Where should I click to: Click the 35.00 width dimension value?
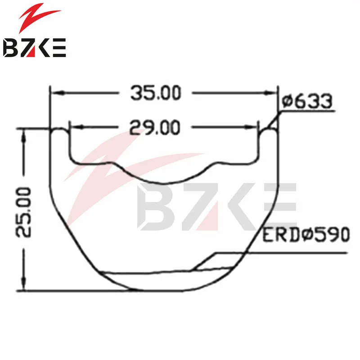156,93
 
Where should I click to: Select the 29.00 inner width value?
154,127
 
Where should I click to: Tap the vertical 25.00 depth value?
23,212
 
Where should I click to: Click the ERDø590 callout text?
306,234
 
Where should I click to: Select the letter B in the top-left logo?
10,48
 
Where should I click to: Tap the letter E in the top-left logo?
59,48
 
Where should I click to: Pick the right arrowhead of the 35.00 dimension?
271,93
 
